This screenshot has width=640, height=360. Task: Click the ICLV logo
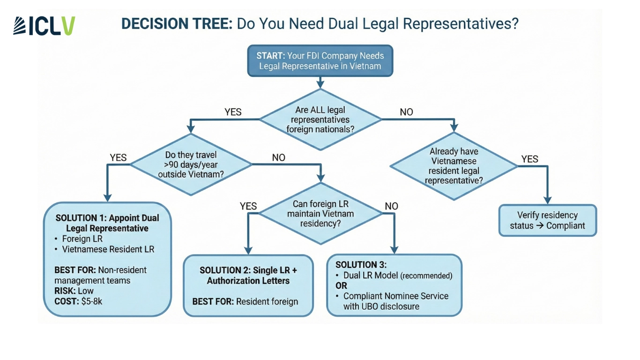(x=44, y=26)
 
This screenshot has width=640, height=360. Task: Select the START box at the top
(x=320, y=61)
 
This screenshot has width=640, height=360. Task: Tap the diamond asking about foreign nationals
(x=320, y=120)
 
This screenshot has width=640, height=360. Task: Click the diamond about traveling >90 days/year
(x=191, y=164)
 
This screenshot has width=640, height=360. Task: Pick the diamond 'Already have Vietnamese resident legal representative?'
(x=454, y=166)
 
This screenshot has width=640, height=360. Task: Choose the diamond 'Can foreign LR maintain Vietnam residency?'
(x=320, y=214)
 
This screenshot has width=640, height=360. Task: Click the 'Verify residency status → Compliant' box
(x=547, y=220)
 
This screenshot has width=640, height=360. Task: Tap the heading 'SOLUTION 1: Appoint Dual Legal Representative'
(x=107, y=223)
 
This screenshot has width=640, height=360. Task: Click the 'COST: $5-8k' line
(x=78, y=301)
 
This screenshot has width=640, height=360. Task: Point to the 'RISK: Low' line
(x=74, y=291)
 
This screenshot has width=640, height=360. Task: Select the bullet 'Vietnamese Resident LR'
(x=108, y=249)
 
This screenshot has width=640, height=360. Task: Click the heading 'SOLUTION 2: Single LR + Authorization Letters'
(x=248, y=276)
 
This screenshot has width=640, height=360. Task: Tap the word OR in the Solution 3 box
(x=341, y=286)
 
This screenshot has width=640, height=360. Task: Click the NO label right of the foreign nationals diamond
(x=406, y=112)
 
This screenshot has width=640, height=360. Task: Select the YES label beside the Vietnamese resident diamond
(x=530, y=159)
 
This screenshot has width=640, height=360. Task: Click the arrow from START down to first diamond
(x=320, y=82)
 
